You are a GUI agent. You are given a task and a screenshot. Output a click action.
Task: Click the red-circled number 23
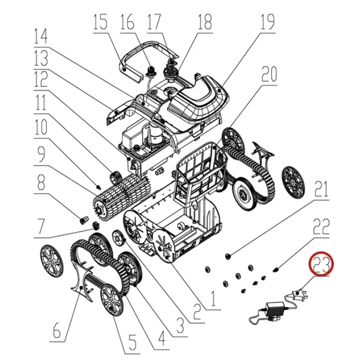321,265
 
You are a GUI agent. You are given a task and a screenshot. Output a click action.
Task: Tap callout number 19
267,22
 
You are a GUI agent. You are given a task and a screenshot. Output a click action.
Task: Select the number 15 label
100,22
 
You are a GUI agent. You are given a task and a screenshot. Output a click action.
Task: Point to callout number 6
57,330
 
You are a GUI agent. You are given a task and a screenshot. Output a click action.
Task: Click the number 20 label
269,74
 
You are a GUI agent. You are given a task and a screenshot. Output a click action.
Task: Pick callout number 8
41,182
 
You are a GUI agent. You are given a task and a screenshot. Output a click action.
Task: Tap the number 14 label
41,36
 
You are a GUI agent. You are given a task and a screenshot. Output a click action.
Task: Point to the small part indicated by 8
83,220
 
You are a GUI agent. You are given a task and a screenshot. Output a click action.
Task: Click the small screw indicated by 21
228,255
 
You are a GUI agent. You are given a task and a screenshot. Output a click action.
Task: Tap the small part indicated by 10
99,186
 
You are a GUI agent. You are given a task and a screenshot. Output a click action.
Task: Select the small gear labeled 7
96,225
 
